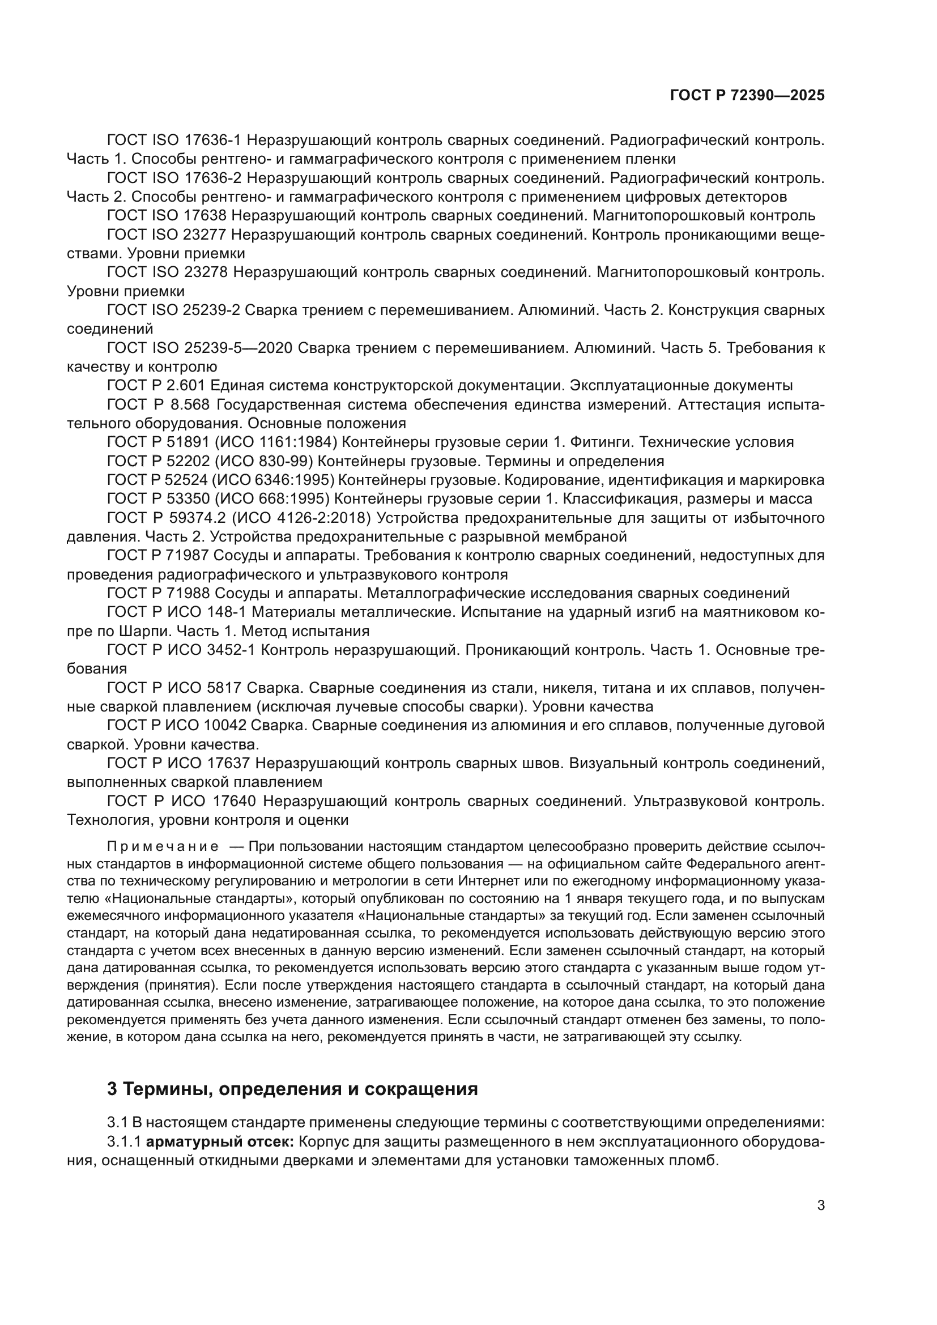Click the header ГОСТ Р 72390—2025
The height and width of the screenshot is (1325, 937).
(747, 96)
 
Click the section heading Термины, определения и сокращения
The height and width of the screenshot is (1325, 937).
(292, 1088)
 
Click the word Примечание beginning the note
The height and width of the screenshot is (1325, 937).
(163, 846)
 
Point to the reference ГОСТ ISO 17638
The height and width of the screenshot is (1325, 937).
(167, 216)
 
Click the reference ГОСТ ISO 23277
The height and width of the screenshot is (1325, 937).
(167, 235)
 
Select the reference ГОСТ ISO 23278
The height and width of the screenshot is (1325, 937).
(167, 272)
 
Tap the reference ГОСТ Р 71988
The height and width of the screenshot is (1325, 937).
(159, 593)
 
